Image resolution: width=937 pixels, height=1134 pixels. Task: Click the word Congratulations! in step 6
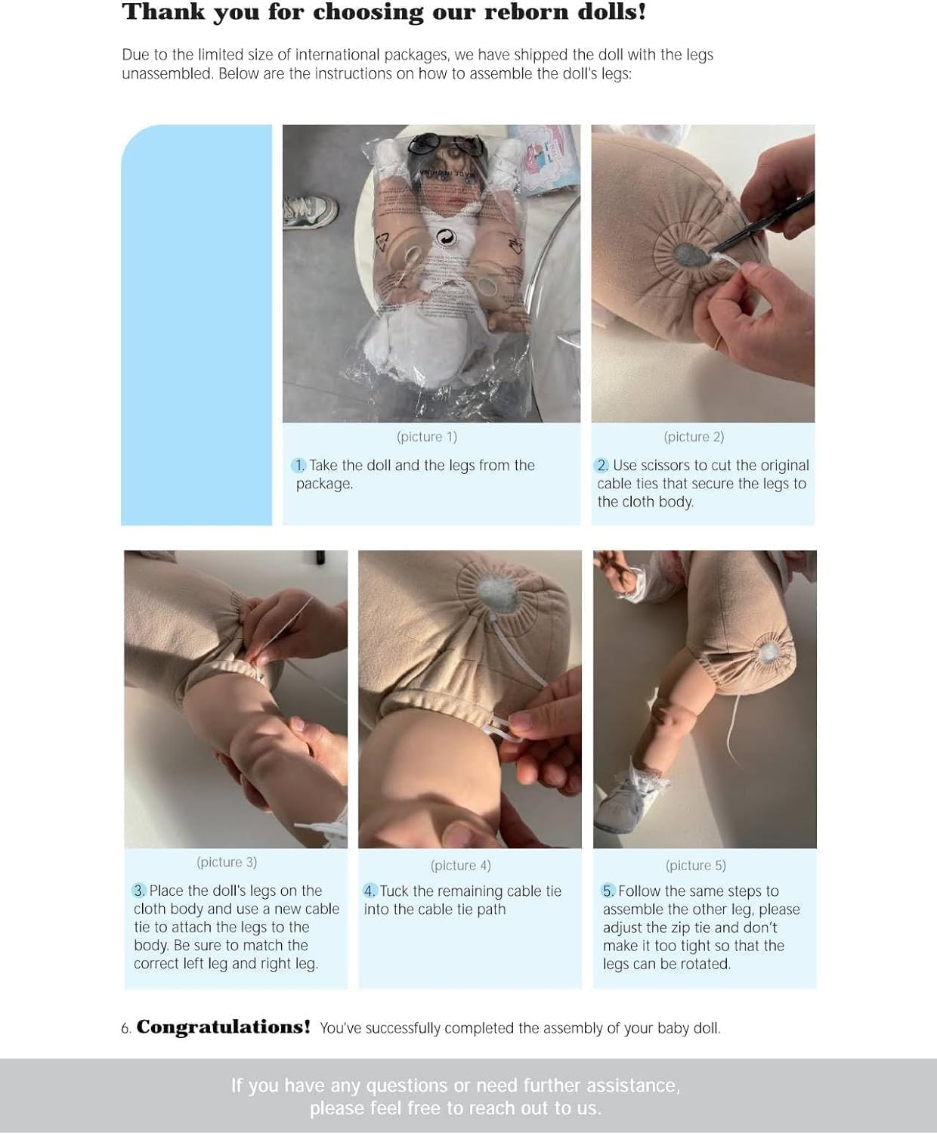(x=223, y=1027)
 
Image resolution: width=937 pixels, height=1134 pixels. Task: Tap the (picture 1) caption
(x=427, y=437)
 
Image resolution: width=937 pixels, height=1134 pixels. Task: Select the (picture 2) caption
(x=694, y=437)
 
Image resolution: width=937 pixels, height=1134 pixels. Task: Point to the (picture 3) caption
(x=227, y=862)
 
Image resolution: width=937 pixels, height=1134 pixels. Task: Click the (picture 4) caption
(x=460, y=865)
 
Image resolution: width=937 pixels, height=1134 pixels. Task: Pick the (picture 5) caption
(x=695, y=865)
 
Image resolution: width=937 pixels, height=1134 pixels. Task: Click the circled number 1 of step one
(x=298, y=466)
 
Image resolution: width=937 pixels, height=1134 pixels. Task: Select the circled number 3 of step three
(x=138, y=891)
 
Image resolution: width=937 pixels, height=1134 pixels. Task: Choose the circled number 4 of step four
(x=370, y=891)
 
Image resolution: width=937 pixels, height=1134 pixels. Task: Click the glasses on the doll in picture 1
(x=445, y=144)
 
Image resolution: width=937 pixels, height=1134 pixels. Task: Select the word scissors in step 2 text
(x=664, y=466)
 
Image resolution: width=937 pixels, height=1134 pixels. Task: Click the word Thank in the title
(x=164, y=12)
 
